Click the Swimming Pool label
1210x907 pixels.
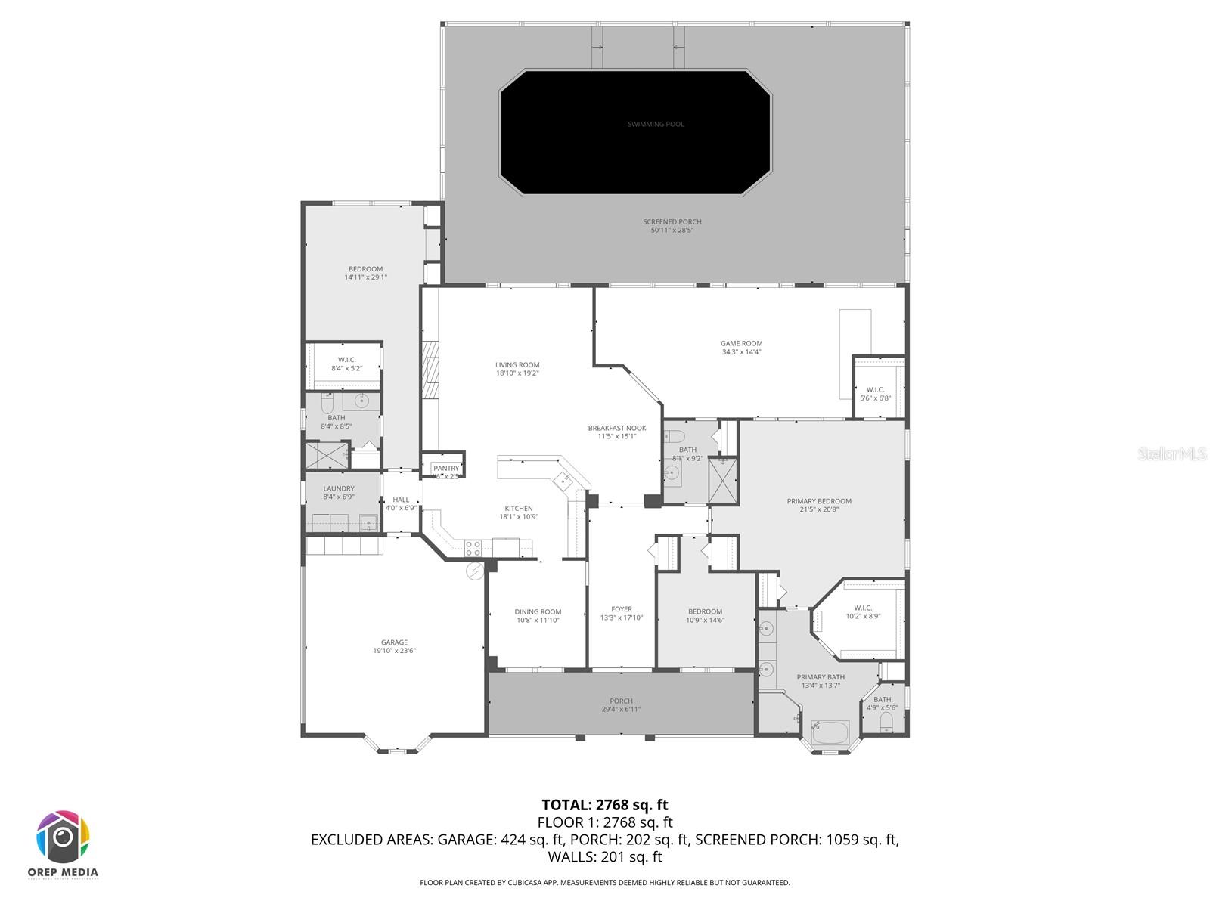tap(656, 124)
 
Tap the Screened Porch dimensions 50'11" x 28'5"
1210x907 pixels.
tap(672, 230)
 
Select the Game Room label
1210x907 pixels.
tap(741, 343)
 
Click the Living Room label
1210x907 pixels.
tap(517, 365)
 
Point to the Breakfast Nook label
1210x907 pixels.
tap(617, 428)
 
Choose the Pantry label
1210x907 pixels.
tap(446, 469)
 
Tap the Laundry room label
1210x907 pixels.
tap(339, 488)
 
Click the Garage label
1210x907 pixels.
tap(394, 642)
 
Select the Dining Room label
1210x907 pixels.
tap(538, 612)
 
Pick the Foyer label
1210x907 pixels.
tap(622, 609)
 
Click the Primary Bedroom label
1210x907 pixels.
tap(819, 501)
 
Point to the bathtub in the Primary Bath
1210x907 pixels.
tap(830, 732)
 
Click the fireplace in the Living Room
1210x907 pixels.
tap(430, 370)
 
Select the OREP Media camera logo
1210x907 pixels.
tap(64, 837)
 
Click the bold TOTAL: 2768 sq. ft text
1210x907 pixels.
tap(605, 805)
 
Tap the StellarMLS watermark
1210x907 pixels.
tap(1171, 453)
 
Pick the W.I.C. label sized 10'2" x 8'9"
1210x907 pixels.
tap(863, 608)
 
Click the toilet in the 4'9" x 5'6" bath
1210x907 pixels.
tap(887, 723)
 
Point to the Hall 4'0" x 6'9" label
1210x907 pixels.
tap(401, 500)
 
